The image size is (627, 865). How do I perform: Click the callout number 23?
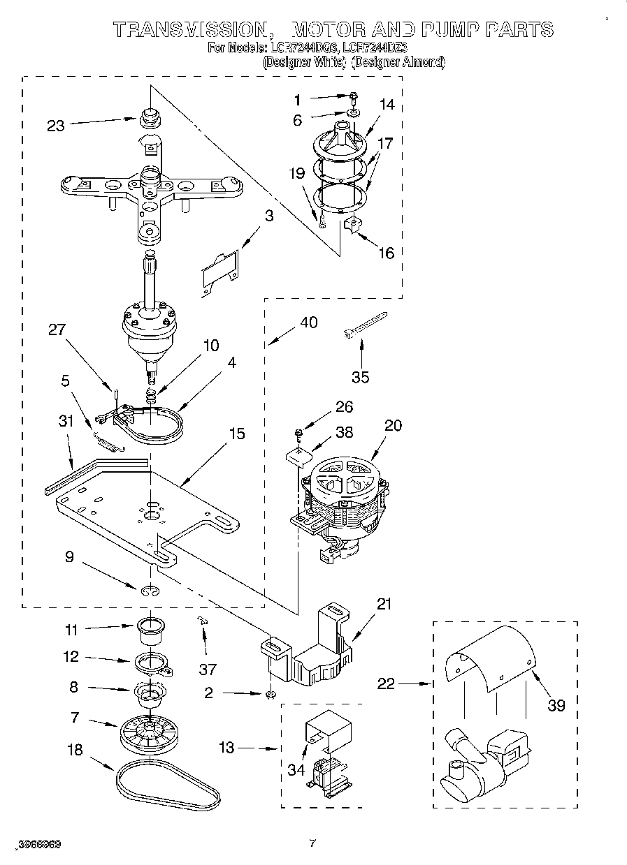pos(55,126)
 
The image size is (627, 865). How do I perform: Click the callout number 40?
pos(308,323)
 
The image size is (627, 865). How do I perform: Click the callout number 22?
pos(386,685)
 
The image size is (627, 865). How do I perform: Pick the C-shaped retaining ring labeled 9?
pos(148,593)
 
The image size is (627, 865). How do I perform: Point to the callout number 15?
pos(237,434)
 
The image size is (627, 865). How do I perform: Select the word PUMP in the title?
pos(455,29)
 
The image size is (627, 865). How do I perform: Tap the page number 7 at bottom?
pos(312,843)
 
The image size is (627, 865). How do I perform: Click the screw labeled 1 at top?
pos(354,98)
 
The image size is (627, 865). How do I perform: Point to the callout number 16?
pos(386,253)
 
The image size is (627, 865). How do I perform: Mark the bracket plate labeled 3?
pos(220,269)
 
